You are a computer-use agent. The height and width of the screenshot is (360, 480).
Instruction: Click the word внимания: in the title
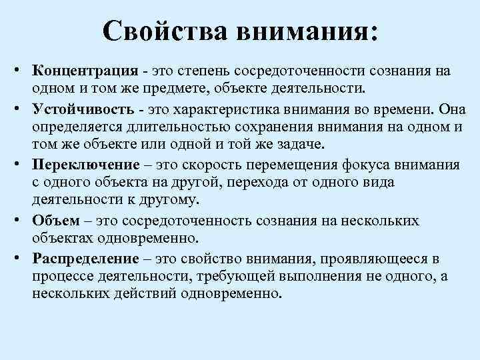[x=303, y=32]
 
